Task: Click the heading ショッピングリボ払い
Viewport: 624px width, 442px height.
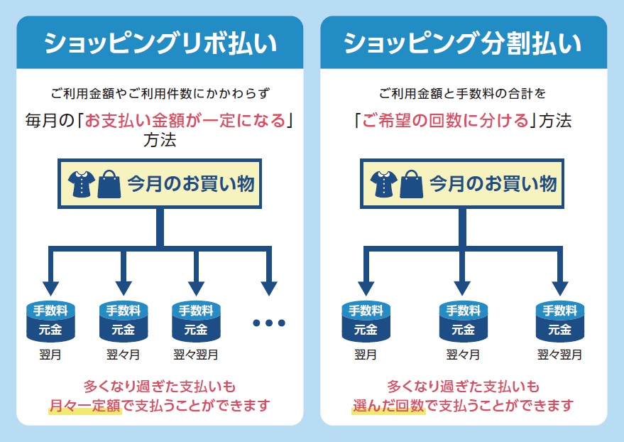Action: click(159, 44)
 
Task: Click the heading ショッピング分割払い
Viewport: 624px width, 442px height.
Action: click(463, 44)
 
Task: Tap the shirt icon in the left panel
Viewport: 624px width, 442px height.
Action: click(81, 185)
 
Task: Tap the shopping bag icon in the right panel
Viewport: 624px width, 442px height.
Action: click(411, 185)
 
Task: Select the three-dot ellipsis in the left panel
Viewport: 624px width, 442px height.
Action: click(268, 323)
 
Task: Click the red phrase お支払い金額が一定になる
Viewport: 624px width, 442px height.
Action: click(185, 120)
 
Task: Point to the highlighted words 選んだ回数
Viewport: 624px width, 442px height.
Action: click(388, 406)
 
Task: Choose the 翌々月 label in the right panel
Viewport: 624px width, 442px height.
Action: click(463, 354)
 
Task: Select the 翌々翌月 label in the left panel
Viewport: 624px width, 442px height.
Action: click(196, 354)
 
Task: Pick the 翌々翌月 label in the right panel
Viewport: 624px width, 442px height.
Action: click(559, 354)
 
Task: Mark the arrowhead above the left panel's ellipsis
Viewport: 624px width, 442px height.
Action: click(268, 286)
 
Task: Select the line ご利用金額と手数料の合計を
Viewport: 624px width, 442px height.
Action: click(462, 93)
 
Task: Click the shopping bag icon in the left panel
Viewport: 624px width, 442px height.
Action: click(109, 185)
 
